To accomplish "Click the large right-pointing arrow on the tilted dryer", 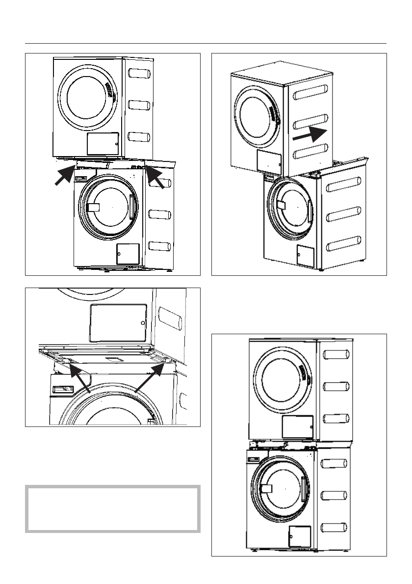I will tap(310, 134).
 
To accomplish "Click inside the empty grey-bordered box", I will tap(113, 509).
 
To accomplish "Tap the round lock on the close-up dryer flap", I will tap(142, 323).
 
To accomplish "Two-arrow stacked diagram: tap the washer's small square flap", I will tap(128, 254).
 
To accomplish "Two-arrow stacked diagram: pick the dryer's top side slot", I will tap(139, 75).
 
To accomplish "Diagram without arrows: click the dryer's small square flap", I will tap(297, 426).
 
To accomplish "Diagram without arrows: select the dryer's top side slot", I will tap(336, 354).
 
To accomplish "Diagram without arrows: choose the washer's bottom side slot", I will tap(336, 529).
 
